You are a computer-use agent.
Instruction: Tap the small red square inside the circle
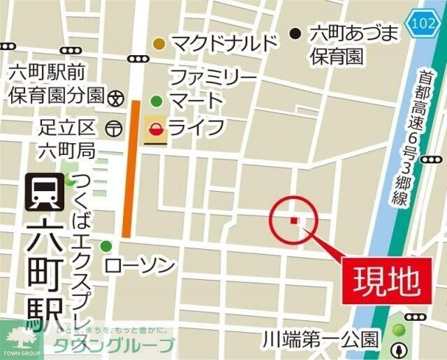point(293,220)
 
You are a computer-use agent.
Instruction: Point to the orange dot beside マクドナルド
point(160,44)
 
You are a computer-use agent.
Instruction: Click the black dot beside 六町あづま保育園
point(296,32)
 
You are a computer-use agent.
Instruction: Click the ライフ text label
point(197,128)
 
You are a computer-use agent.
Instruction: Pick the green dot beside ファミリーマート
point(156,99)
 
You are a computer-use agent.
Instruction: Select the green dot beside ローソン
point(106,246)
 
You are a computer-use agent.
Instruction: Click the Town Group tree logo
point(21,340)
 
